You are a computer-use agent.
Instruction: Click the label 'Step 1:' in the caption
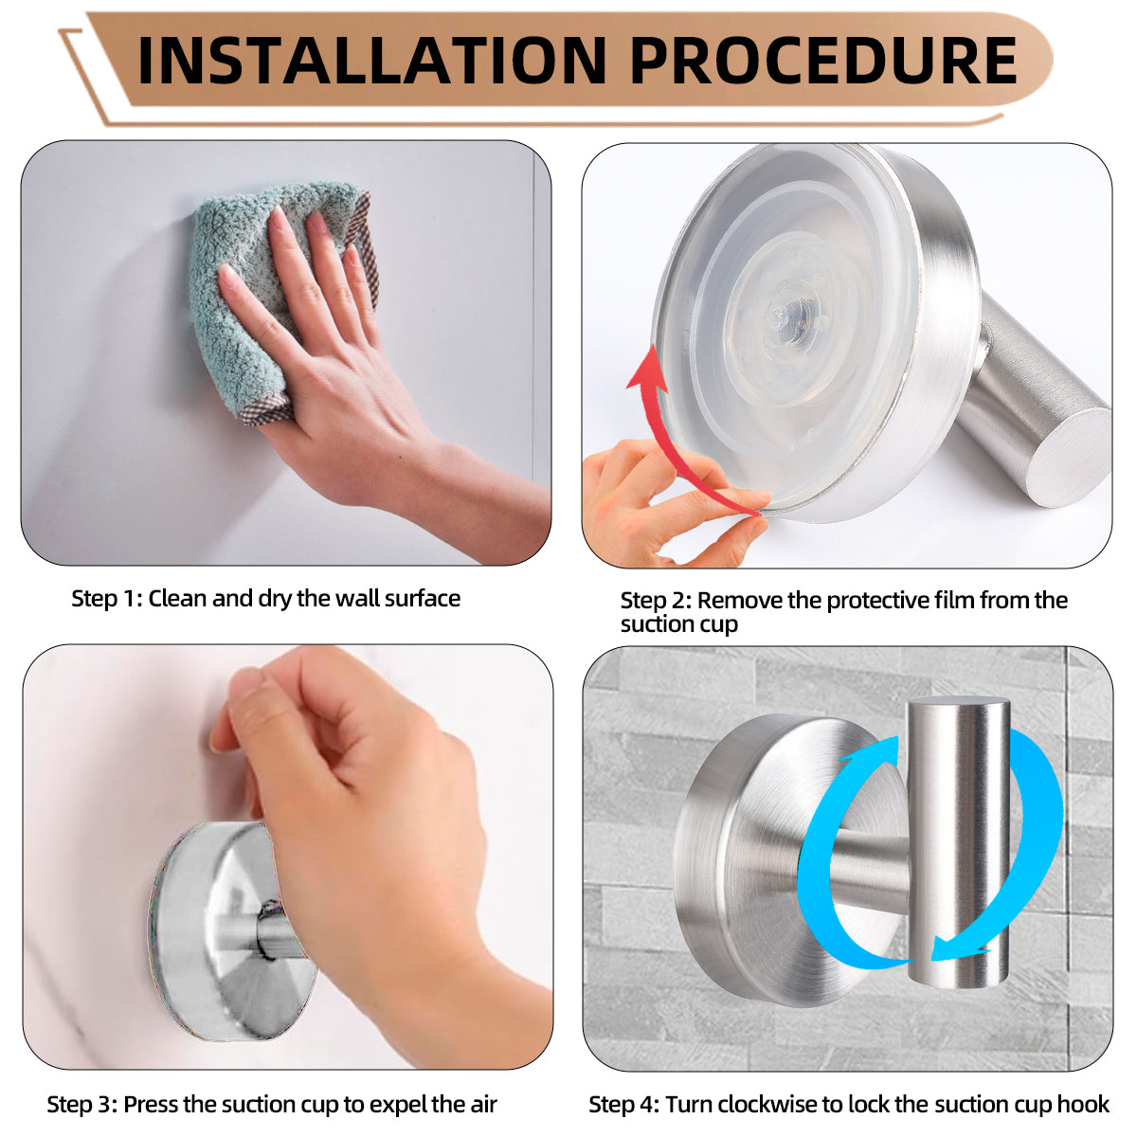[106, 599]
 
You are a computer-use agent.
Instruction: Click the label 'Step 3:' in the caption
[82, 1105]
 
